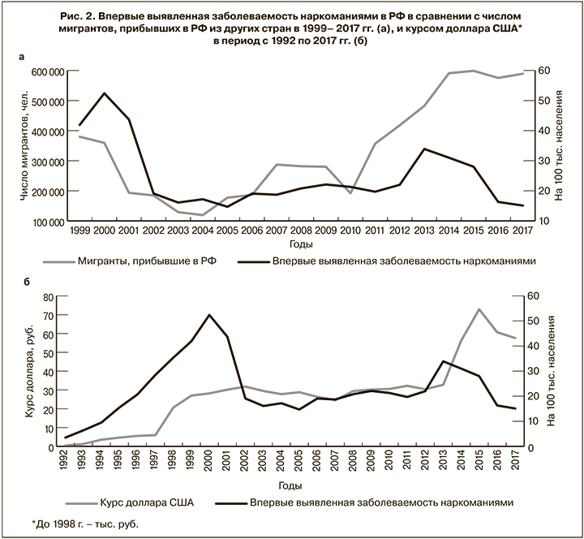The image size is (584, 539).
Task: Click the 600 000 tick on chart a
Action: click(x=46, y=72)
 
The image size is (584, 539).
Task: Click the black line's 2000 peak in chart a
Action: click(x=104, y=93)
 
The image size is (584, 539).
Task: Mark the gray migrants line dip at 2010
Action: click(x=350, y=193)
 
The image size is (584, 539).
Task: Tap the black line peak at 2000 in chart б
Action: click(x=210, y=315)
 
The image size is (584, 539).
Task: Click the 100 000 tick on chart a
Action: click(x=46, y=222)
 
